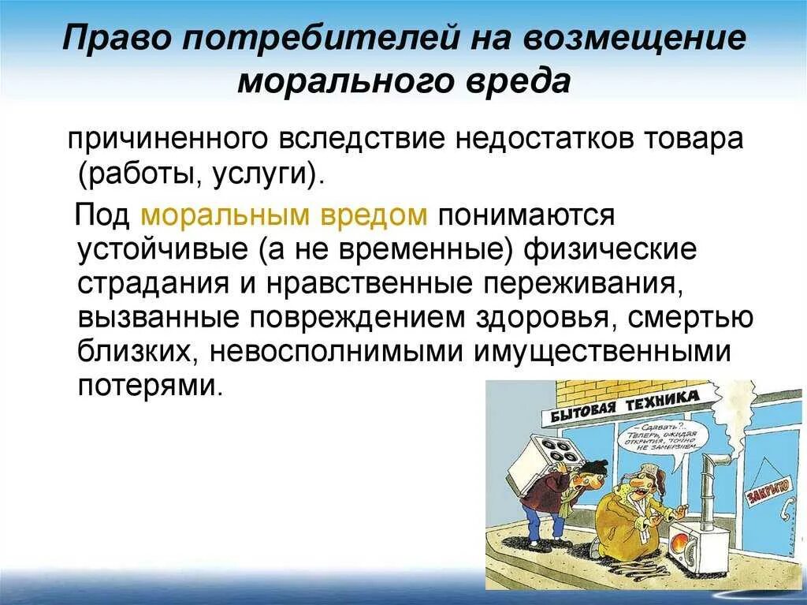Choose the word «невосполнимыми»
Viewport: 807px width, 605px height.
click(336, 352)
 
